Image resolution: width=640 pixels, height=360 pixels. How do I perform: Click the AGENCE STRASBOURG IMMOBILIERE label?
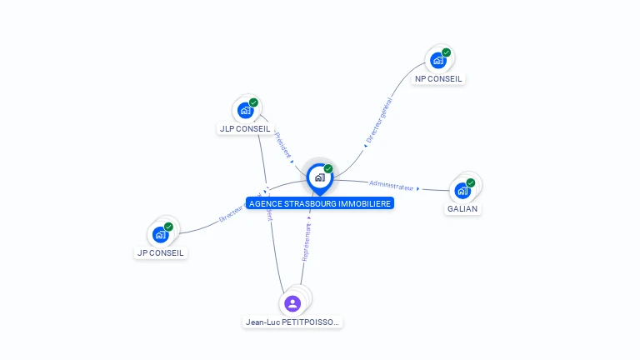click(x=319, y=203)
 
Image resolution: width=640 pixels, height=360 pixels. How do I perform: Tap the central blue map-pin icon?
click(x=319, y=177)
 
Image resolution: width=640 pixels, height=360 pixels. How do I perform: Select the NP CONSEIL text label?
click(x=438, y=79)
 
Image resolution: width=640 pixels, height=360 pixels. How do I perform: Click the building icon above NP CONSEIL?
click(x=438, y=60)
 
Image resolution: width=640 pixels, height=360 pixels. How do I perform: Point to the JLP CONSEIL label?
click(x=244, y=129)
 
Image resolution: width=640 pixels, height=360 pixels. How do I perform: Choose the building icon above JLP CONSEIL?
click(x=245, y=110)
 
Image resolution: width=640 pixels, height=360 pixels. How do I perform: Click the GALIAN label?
click(x=462, y=208)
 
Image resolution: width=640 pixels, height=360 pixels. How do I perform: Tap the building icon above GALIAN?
click(x=462, y=190)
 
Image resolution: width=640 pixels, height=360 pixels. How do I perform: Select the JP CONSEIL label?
click(x=161, y=252)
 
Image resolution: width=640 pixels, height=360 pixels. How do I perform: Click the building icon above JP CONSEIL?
click(x=161, y=234)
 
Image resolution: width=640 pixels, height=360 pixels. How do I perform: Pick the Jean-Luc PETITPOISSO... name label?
click(x=292, y=322)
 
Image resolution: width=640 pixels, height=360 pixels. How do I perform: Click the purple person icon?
click(x=292, y=303)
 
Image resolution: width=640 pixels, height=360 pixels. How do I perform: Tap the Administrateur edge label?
click(x=391, y=186)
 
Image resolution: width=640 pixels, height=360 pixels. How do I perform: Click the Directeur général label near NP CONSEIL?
click(x=379, y=122)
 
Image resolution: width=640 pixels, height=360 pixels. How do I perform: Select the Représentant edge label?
click(x=306, y=242)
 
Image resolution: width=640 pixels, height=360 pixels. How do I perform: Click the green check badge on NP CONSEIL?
click(x=446, y=52)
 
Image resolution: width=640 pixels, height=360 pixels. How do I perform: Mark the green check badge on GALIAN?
click(x=470, y=182)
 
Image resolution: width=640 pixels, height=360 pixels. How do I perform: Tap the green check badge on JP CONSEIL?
click(x=168, y=227)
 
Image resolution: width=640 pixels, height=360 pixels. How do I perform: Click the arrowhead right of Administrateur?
click(x=417, y=188)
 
